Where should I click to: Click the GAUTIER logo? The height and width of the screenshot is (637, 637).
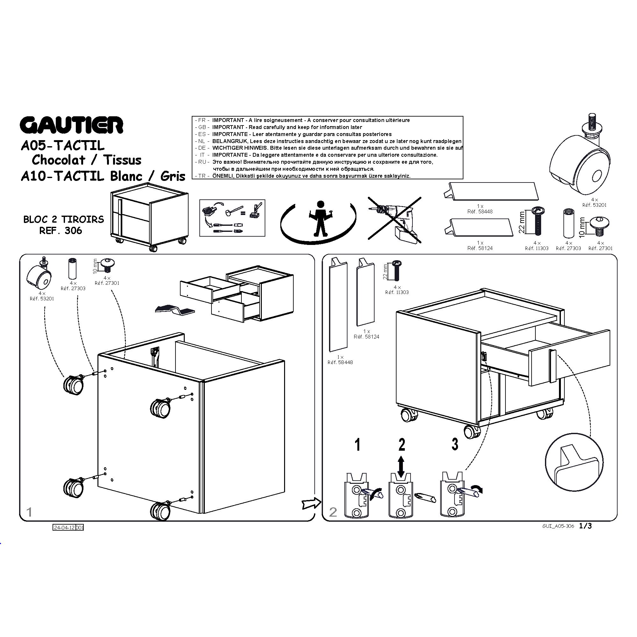[x=72, y=125]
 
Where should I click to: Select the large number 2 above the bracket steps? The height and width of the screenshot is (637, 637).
[x=402, y=444]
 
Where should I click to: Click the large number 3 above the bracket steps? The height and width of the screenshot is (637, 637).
[x=455, y=444]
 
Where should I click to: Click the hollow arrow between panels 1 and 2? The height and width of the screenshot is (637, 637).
[x=311, y=503]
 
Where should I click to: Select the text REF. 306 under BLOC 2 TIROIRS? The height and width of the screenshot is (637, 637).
[x=61, y=231]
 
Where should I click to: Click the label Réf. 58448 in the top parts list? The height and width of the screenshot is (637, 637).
[x=480, y=212]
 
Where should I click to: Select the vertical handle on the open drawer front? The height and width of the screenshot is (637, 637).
[x=552, y=366]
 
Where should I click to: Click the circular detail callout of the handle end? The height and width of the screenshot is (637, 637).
[x=574, y=462]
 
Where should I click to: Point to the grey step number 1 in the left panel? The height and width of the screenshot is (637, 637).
[x=29, y=512]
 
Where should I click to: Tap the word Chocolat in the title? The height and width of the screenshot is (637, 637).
[x=59, y=160]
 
